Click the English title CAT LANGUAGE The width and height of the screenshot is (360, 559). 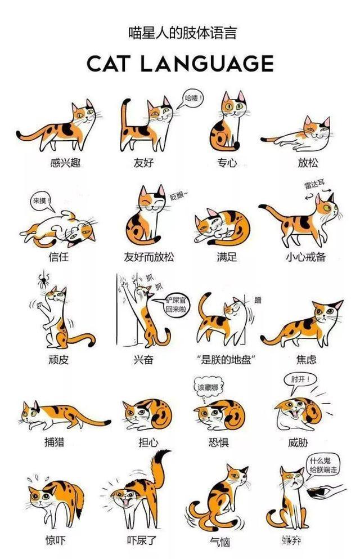(180, 63)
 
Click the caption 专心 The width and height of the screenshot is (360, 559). (227, 163)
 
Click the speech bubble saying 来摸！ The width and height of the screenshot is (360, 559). (41, 200)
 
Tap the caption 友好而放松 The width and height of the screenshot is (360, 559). (149, 257)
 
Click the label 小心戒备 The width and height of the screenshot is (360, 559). (305, 257)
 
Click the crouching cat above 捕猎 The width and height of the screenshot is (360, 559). (62, 415)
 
